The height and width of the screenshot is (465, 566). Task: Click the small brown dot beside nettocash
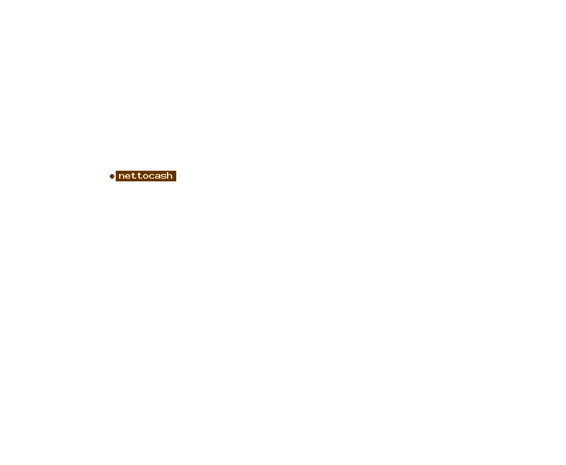click(112, 176)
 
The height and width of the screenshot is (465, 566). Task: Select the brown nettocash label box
click(146, 176)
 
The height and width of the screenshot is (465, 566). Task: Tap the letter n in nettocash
click(122, 176)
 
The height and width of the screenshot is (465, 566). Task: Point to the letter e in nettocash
click(128, 176)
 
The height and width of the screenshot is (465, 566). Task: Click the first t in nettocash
click(134, 176)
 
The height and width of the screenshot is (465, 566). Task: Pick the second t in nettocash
click(140, 176)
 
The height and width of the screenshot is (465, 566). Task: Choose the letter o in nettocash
click(146, 176)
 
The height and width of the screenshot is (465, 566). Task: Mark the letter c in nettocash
click(152, 176)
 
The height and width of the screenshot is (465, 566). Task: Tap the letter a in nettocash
click(158, 176)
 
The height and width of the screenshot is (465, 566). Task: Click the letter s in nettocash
click(164, 176)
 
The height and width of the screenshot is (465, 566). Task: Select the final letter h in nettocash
click(170, 175)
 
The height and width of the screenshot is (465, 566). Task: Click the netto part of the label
click(134, 176)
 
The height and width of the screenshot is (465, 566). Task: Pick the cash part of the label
click(161, 175)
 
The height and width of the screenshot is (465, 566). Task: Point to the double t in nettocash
click(137, 176)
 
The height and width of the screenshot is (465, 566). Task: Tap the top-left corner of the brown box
click(116, 171)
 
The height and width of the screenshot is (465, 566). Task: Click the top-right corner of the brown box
click(176, 171)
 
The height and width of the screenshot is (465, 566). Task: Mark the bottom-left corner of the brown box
click(116, 181)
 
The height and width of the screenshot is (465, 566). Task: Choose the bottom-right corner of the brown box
click(176, 181)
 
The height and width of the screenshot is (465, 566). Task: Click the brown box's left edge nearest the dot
click(116, 176)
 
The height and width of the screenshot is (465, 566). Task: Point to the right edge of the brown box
click(176, 176)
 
